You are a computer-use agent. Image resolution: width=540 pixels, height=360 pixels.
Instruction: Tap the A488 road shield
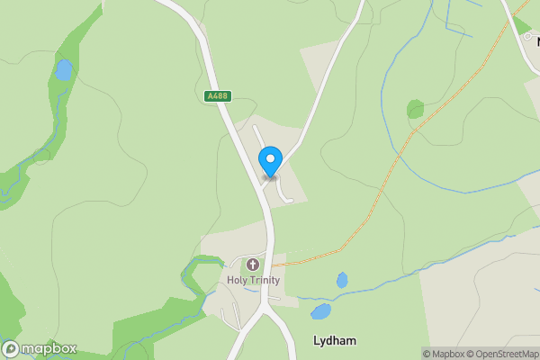[217, 95]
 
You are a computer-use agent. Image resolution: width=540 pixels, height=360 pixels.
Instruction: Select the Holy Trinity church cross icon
[253, 265]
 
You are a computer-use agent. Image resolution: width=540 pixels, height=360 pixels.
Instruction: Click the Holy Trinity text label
[253, 280]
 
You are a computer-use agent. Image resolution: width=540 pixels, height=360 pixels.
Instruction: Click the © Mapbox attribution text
[444, 354]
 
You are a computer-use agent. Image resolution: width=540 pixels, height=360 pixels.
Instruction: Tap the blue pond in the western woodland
[63, 69]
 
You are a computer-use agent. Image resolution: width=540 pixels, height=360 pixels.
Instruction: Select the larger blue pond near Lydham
[320, 312]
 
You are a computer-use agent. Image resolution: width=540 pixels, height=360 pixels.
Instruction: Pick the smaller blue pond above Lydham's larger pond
[342, 281]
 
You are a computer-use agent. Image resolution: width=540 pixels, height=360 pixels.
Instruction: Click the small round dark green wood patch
[415, 110]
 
